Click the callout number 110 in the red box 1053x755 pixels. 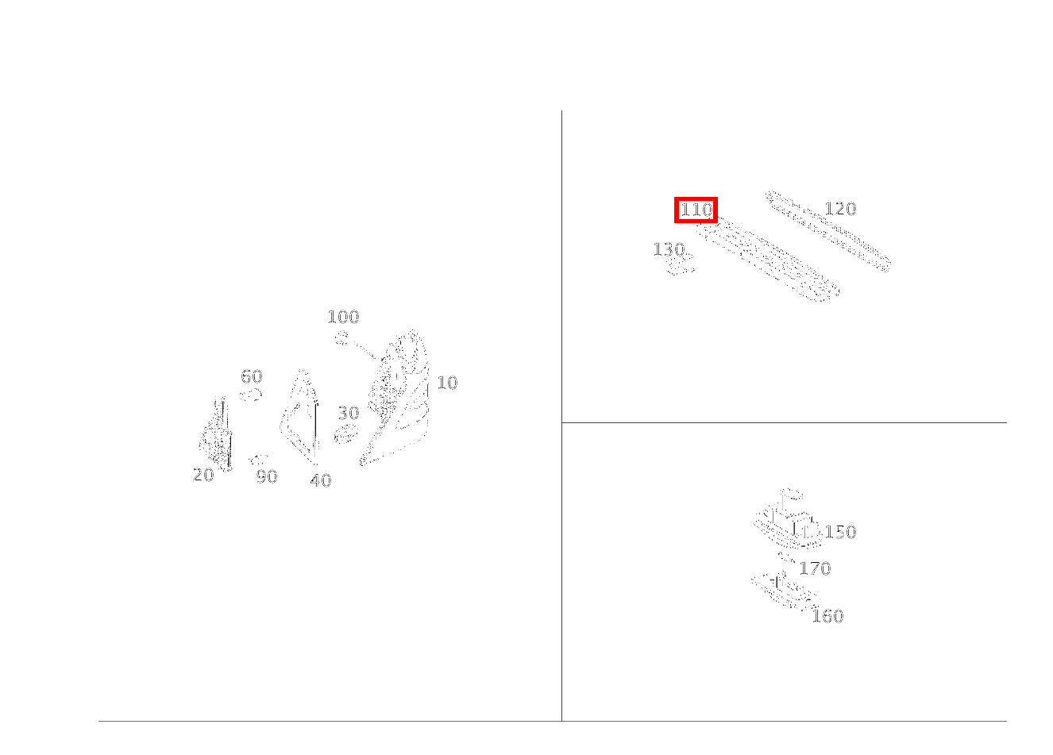[x=696, y=210]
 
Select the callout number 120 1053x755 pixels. [x=840, y=209]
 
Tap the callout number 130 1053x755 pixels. [x=669, y=249]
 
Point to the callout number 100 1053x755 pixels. [x=343, y=317]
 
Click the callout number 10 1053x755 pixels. [x=447, y=383]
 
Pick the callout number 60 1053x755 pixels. [x=252, y=376]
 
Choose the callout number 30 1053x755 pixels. [x=349, y=413]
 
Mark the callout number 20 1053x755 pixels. [x=203, y=475]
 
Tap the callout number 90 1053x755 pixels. [x=267, y=476]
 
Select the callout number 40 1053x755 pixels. [x=321, y=480]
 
